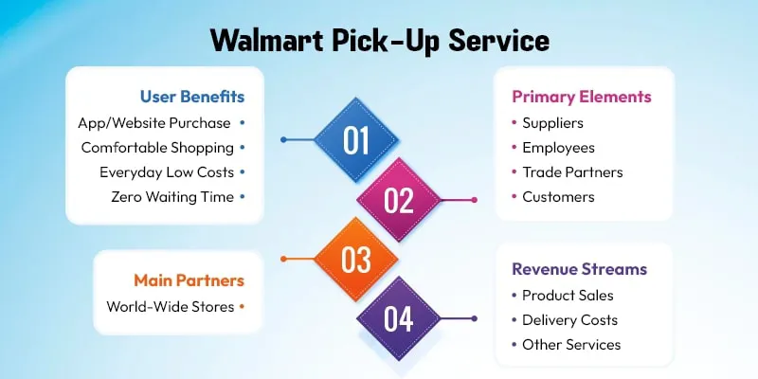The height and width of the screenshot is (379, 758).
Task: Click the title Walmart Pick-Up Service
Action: tap(379, 42)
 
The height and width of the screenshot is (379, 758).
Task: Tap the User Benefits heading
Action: tap(192, 97)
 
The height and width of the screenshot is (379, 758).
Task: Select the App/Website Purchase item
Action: tap(155, 122)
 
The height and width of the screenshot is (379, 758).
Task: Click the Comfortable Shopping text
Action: tap(156, 147)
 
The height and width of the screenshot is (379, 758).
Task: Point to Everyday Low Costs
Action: tap(166, 171)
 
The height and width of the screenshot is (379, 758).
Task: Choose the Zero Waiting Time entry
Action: tap(171, 196)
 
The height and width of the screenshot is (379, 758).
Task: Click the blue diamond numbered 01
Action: tap(356, 140)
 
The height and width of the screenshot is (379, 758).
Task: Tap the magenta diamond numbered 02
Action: tap(399, 200)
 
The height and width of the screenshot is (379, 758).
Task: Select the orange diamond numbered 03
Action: tap(356, 259)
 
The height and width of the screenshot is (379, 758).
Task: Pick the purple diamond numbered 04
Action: tap(399, 318)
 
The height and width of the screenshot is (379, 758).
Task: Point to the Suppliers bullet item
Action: tap(552, 122)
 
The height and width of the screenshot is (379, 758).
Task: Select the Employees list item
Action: tap(558, 147)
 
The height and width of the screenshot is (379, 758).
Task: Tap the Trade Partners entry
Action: tap(572, 171)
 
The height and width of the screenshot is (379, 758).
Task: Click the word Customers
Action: tap(558, 196)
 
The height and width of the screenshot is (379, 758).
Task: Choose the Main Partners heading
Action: tap(189, 280)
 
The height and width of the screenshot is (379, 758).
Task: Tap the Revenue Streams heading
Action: tap(579, 269)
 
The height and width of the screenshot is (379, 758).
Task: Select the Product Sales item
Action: tap(568, 295)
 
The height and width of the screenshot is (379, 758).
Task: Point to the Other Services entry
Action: tap(571, 344)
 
